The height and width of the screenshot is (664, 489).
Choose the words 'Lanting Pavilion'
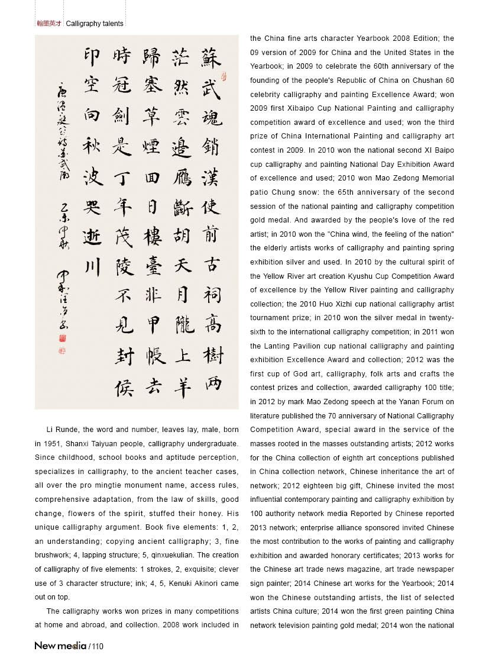tap(287, 346)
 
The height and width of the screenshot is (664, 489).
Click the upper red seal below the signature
tap(63, 338)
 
